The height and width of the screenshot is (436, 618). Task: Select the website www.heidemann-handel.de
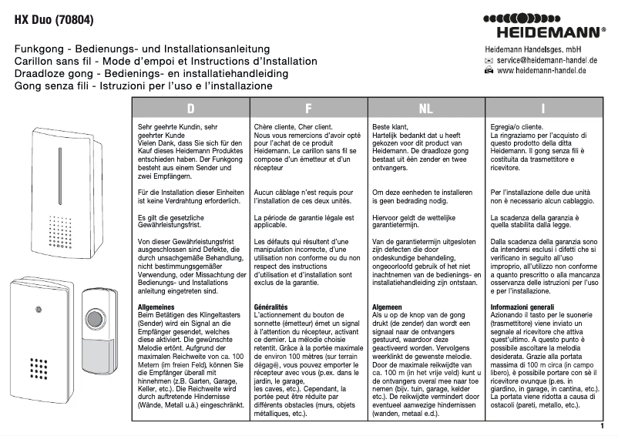[542, 70]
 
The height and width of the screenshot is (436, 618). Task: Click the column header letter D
[190, 109]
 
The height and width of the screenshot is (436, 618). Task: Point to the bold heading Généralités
[271, 307]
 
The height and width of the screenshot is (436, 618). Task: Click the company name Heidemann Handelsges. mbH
[532, 48]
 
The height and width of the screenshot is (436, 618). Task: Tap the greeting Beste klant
[390, 124]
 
